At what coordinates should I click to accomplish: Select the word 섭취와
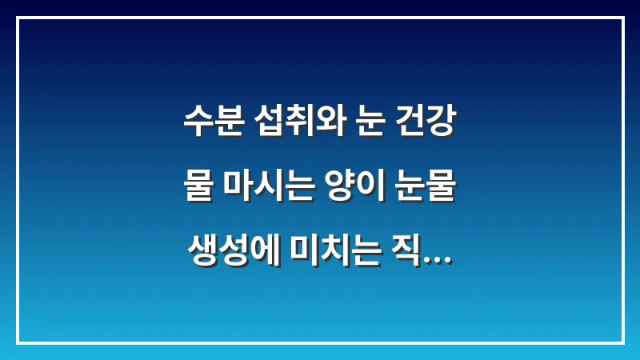point(295,125)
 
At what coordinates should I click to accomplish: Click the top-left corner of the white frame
point(18,18)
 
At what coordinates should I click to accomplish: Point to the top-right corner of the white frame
point(622,18)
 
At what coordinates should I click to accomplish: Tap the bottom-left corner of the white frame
point(18,342)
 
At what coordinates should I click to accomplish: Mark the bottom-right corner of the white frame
point(622,342)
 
